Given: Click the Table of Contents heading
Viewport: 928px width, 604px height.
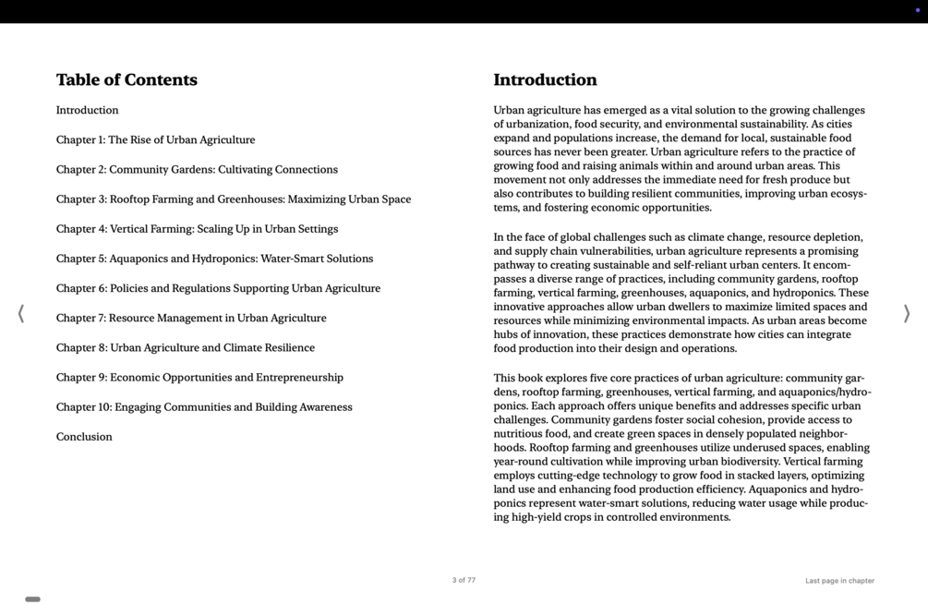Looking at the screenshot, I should click(127, 80).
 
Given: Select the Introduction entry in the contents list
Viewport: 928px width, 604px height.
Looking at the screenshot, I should click(87, 111).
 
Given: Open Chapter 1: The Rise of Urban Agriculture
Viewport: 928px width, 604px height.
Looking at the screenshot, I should click(155, 140).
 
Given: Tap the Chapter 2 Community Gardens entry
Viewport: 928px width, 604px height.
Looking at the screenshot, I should click(197, 170).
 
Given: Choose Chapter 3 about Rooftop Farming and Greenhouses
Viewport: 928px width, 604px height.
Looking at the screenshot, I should click(234, 199).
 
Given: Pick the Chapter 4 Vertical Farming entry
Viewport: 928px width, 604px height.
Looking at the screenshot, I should click(197, 229).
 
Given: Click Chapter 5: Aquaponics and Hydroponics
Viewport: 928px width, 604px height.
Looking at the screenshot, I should click(214, 259).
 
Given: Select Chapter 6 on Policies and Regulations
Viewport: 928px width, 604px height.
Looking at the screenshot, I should click(218, 288).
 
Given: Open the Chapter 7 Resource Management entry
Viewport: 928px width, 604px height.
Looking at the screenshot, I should click(191, 318).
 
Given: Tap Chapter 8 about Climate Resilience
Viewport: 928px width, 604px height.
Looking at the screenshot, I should click(186, 348).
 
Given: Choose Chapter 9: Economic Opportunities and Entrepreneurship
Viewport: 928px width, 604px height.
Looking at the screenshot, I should click(199, 378).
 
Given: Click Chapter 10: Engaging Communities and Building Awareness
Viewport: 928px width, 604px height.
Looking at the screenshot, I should click(204, 407).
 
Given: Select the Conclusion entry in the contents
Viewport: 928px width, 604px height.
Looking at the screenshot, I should click(84, 437).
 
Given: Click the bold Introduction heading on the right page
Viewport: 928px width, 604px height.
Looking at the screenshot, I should click(545, 80).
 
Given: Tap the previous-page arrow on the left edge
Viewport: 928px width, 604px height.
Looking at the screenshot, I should click(21, 314).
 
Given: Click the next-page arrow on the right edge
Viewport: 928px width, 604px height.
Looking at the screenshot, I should click(906, 314).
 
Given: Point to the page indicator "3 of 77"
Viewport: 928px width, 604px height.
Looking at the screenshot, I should click(464, 580).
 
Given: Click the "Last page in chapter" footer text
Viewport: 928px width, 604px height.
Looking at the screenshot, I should click(839, 581).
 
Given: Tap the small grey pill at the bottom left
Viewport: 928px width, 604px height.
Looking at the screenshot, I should click(32, 599).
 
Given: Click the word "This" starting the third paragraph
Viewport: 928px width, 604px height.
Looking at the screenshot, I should click(505, 379).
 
